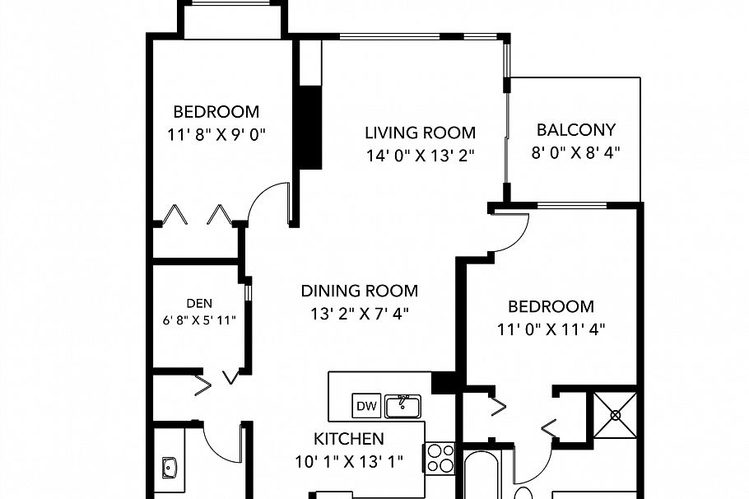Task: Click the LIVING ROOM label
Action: tap(421, 133)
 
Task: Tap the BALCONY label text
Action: tap(575, 129)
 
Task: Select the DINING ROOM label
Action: tap(359, 291)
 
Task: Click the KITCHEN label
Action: tap(348, 439)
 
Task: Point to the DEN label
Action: tap(199, 303)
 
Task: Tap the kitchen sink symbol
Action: tap(402, 405)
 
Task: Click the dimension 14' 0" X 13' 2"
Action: tap(421, 156)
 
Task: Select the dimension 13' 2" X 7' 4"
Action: tap(359, 313)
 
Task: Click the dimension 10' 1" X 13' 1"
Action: tap(348, 462)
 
